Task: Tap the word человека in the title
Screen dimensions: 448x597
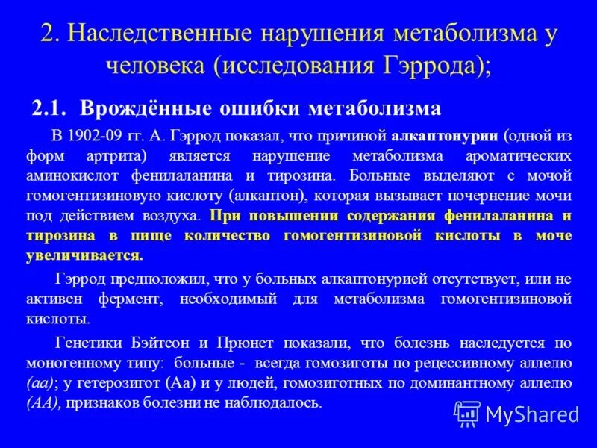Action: tap(153, 66)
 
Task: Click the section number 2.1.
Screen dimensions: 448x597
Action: tap(50, 109)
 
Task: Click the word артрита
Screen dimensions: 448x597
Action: tap(131, 157)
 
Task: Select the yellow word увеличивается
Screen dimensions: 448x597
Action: tap(96, 255)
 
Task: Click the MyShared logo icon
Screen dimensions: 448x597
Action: tap(467, 413)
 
